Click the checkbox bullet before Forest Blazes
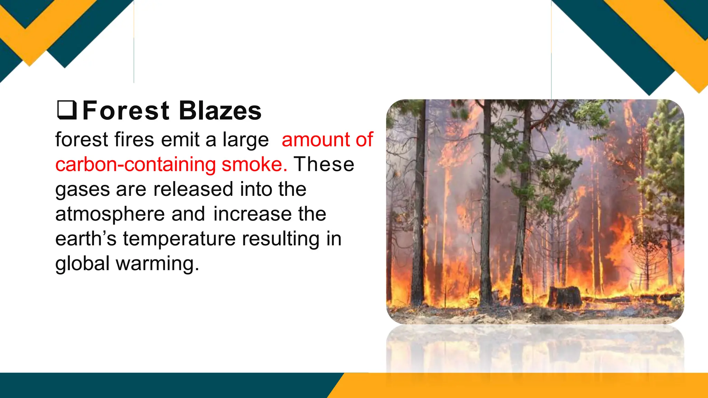coord(67,110)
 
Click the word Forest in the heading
coord(126,111)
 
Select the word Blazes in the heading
coord(220,111)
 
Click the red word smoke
coord(254,165)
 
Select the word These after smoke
coord(324,164)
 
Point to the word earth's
coord(86,239)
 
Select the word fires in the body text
coord(134,140)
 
